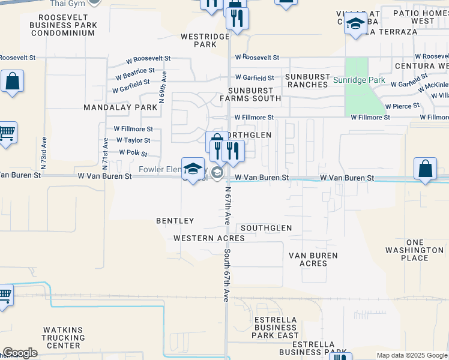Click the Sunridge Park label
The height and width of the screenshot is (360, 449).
(x=359, y=80)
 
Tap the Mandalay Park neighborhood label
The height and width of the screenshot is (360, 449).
(x=120, y=107)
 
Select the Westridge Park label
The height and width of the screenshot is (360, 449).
(x=205, y=40)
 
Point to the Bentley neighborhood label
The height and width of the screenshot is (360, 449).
(x=175, y=221)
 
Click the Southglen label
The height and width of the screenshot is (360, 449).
(x=266, y=228)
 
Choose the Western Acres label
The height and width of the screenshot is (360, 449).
(x=209, y=238)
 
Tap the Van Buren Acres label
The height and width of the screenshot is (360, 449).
(x=313, y=259)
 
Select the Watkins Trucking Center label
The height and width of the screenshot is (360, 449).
(x=62, y=338)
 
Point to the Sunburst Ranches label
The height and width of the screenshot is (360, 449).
(x=307, y=81)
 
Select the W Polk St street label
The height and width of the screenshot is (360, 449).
(x=133, y=152)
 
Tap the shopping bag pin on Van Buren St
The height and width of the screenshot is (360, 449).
(x=425, y=169)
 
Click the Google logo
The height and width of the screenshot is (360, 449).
(x=20, y=353)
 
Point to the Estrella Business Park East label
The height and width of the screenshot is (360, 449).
(x=276, y=327)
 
